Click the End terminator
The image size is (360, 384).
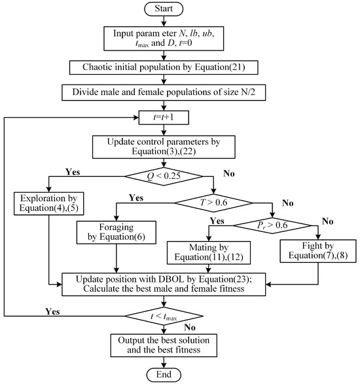click(179, 374)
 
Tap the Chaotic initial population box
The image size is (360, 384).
click(179, 66)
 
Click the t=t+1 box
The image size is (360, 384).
click(179, 118)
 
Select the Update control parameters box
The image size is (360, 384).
click(179, 145)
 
